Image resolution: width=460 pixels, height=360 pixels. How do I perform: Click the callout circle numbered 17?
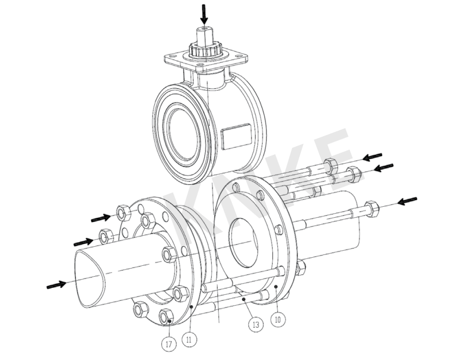pos(169,344)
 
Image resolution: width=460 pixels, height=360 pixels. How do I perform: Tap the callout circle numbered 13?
pos(256,324)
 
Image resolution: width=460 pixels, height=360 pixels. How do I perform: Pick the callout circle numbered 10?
pos(278,319)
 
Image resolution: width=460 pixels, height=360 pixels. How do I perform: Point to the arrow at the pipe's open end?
pos(57,284)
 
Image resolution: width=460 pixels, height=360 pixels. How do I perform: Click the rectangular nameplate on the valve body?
pos(236,135)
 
